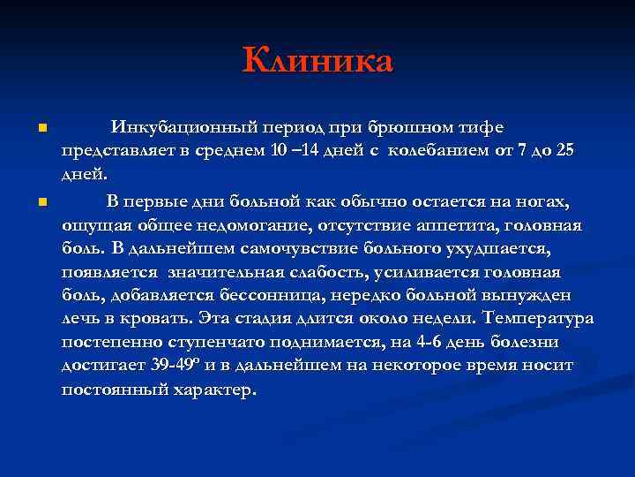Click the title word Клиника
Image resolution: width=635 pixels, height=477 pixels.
[x=317, y=62]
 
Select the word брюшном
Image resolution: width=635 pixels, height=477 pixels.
[x=421, y=128]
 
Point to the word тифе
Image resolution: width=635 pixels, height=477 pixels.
[x=485, y=128]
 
